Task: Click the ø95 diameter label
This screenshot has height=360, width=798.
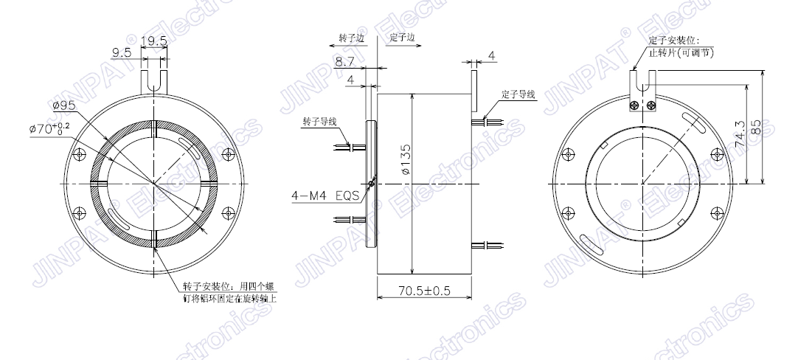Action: click(63, 105)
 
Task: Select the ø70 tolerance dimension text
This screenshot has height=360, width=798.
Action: click(50, 128)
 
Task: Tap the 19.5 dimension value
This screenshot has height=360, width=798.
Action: click(153, 41)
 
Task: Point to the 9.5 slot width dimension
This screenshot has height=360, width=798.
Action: click(122, 52)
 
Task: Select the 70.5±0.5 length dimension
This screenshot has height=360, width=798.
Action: click(425, 290)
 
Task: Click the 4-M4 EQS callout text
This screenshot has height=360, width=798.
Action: click(325, 195)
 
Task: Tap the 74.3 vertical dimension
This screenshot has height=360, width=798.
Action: click(741, 134)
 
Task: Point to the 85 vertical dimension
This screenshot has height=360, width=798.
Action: click(756, 127)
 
